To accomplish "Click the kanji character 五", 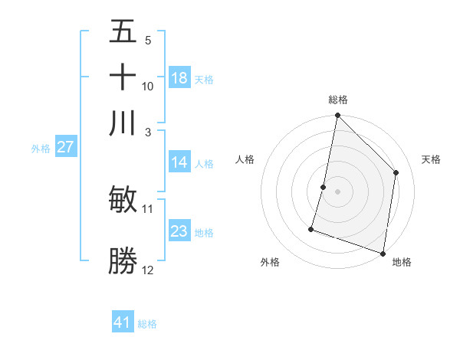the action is pyautogui.click(x=123, y=33).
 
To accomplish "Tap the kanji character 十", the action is pyautogui.click(x=123, y=77).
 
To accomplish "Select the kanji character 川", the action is pyautogui.click(x=123, y=122).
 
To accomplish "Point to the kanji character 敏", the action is pyautogui.click(x=123, y=200).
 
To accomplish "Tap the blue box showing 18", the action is pyautogui.click(x=179, y=78).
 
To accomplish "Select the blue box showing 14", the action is pyautogui.click(x=179, y=162).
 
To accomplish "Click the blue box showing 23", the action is pyautogui.click(x=179, y=231).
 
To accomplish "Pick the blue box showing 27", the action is pyautogui.click(x=65, y=147).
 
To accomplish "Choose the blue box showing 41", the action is pyautogui.click(x=123, y=322).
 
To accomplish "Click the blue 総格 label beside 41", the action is pyautogui.click(x=147, y=324).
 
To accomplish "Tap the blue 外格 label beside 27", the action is pyautogui.click(x=40, y=149).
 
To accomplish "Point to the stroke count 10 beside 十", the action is pyautogui.click(x=148, y=87).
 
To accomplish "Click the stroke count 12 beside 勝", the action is pyautogui.click(x=148, y=270).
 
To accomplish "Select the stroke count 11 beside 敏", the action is pyautogui.click(x=148, y=208).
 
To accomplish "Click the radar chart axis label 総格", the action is pyautogui.click(x=338, y=100).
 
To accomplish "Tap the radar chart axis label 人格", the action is pyautogui.click(x=245, y=159).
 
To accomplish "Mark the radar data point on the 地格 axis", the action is pyautogui.click(x=383, y=253).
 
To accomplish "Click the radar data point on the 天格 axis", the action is pyautogui.click(x=396, y=172).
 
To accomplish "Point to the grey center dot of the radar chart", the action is pyautogui.click(x=337, y=191).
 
